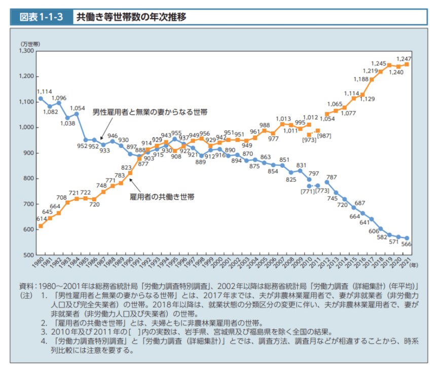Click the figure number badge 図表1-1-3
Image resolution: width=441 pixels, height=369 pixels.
(41, 16)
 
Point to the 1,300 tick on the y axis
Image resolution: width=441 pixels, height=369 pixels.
(26, 51)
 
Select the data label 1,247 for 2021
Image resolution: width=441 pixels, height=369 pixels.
(403, 59)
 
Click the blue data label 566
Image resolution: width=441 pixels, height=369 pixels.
(406, 244)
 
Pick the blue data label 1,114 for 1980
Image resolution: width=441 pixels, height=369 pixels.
(44, 91)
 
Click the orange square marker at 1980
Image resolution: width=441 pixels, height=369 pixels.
(41, 226)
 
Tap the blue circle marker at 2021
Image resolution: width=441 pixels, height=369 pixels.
(407, 238)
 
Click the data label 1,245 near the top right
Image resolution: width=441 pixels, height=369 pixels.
(378, 63)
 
